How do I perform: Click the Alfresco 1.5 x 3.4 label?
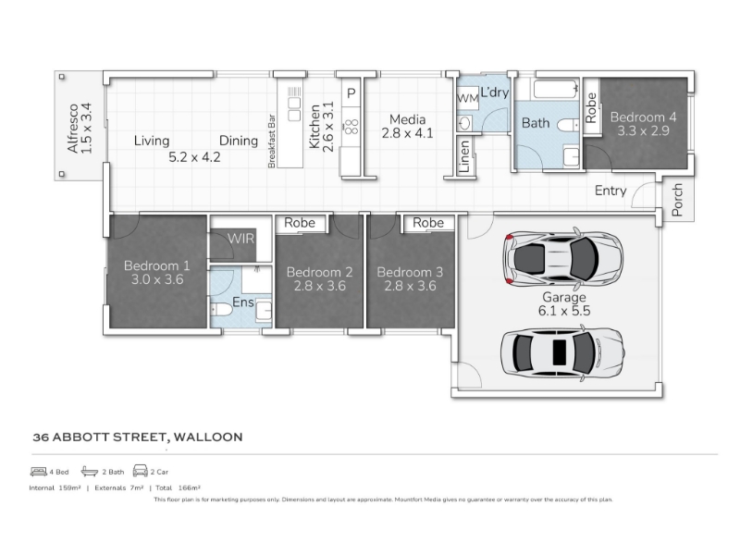tap(80, 128)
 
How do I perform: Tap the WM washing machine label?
tap(468, 99)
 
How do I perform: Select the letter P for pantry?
tap(351, 93)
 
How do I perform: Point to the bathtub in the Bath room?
tap(556, 89)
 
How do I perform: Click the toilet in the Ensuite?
tap(221, 310)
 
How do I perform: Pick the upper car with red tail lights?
tap(563, 259)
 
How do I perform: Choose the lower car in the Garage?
tap(562, 352)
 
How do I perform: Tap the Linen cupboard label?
tap(464, 156)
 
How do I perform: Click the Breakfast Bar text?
tap(271, 142)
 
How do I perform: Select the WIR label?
tap(240, 239)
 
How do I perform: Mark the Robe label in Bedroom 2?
tap(300, 222)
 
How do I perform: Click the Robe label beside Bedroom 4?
tap(591, 107)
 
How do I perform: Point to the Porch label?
tap(677, 200)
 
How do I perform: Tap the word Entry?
tap(610, 191)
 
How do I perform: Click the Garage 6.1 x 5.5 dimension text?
tap(564, 304)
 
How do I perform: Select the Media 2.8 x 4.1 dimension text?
tap(407, 127)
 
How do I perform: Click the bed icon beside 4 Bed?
tap(38, 471)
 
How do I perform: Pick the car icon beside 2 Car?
tap(141, 471)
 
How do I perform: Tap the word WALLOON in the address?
tap(208, 437)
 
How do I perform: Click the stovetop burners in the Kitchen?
tap(351, 127)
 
